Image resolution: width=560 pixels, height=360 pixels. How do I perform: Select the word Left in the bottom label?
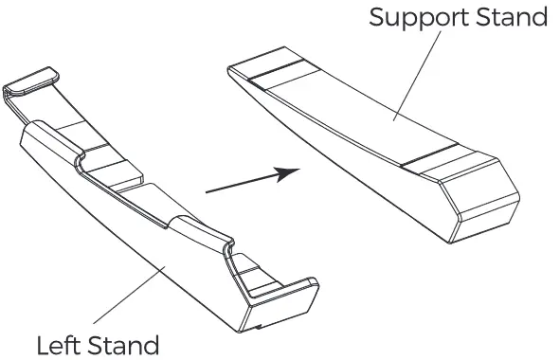tap(58, 344)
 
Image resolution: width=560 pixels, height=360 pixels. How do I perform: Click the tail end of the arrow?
tap(208, 191)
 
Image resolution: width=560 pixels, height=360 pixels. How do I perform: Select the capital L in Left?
tap(43, 344)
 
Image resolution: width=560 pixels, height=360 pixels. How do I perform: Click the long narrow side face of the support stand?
tap(351, 161)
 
